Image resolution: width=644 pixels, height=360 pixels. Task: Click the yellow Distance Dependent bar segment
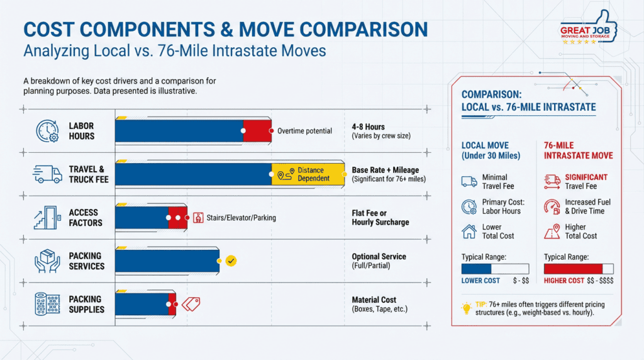308,174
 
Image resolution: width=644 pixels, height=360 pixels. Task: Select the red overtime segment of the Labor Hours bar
257,131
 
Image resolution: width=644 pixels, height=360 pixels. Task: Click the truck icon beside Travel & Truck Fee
48,174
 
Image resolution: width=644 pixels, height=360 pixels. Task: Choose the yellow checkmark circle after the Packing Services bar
231,260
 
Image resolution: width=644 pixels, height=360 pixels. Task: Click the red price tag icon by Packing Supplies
191,305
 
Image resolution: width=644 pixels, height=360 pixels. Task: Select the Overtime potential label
304,131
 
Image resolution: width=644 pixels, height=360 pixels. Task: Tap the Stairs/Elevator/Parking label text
241,218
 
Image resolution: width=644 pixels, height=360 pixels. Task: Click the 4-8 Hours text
368,127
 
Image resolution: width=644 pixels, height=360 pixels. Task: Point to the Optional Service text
379,257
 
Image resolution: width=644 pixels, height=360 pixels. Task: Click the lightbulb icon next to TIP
467,308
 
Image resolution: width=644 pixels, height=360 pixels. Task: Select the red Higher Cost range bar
572,269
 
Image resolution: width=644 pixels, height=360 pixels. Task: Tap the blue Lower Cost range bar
476,269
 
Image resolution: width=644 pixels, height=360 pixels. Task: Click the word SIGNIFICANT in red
586,177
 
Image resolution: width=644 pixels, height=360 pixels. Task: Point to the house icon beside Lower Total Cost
469,232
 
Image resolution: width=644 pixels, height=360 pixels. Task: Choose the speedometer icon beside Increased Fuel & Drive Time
552,206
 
